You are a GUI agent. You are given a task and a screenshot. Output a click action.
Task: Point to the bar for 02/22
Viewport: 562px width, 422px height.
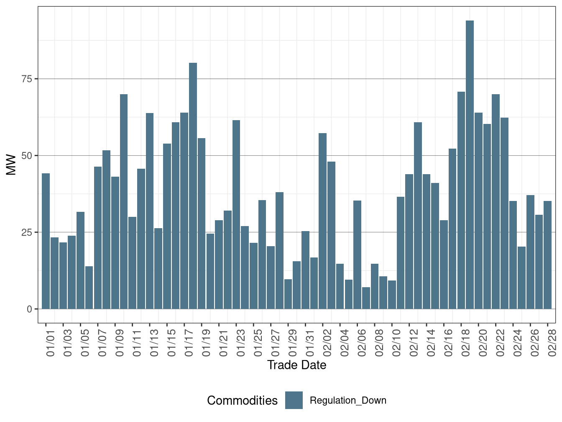pyautogui.click(x=496, y=201)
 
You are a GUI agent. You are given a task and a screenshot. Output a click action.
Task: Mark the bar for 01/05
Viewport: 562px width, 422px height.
pyautogui.click(x=81, y=260)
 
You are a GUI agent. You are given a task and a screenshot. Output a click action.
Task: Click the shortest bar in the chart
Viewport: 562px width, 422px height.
pyautogui.click(x=366, y=298)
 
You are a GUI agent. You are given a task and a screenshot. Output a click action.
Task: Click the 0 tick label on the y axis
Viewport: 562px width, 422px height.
pyautogui.click(x=29, y=309)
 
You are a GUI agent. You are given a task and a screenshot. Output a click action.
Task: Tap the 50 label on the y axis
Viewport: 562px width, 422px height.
pyautogui.click(x=26, y=155)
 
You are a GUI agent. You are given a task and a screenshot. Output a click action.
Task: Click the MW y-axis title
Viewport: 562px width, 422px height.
pyautogui.click(x=11, y=165)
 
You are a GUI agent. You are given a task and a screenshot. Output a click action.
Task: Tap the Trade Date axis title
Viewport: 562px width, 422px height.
pyautogui.click(x=296, y=365)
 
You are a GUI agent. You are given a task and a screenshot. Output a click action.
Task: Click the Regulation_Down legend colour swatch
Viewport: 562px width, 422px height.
pyautogui.click(x=294, y=400)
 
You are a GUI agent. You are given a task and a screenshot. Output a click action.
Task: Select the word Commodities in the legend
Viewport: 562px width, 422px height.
pyautogui.click(x=242, y=401)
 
